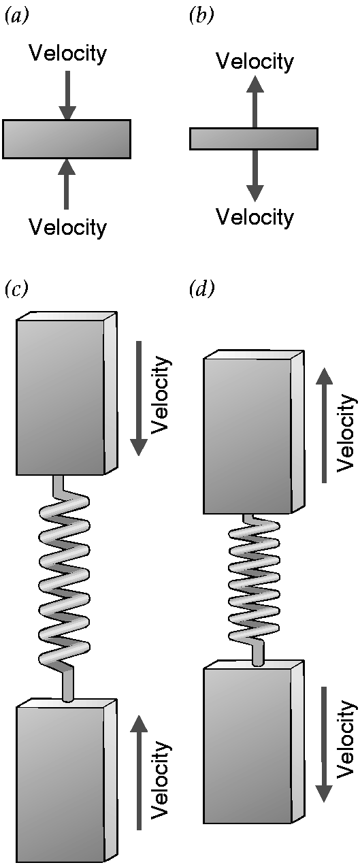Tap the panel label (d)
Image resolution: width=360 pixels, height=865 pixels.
pyautogui.click(x=201, y=289)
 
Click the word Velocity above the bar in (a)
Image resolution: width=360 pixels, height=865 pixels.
pyautogui.click(x=67, y=53)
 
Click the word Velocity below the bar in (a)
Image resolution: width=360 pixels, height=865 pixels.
pyautogui.click(x=67, y=227)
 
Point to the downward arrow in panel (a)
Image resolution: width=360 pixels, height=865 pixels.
pyautogui.click(x=67, y=95)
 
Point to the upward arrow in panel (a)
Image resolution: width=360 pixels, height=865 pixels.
pyautogui.click(x=67, y=184)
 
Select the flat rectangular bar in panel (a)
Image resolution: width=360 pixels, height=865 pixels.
pyautogui.click(x=67, y=139)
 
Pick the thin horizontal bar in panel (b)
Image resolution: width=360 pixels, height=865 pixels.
pyautogui.click(x=254, y=139)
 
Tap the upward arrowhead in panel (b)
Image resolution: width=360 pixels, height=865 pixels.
pyautogui.click(x=255, y=84)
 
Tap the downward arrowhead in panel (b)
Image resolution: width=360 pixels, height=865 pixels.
pyautogui.click(x=255, y=193)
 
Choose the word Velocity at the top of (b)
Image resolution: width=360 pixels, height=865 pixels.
pyautogui.click(x=255, y=61)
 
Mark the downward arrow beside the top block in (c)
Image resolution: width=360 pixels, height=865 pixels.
pyautogui.click(x=139, y=398)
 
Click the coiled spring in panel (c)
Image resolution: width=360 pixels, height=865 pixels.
pyautogui.click(x=65, y=588)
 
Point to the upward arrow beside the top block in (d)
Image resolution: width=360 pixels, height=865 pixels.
pyautogui.click(x=325, y=425)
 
